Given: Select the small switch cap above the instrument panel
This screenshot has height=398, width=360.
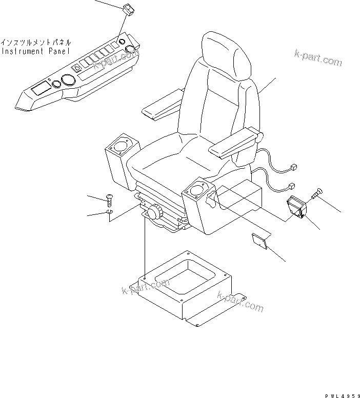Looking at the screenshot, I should [127, 9].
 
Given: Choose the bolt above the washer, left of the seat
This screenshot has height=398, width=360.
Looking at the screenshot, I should [109, 197].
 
